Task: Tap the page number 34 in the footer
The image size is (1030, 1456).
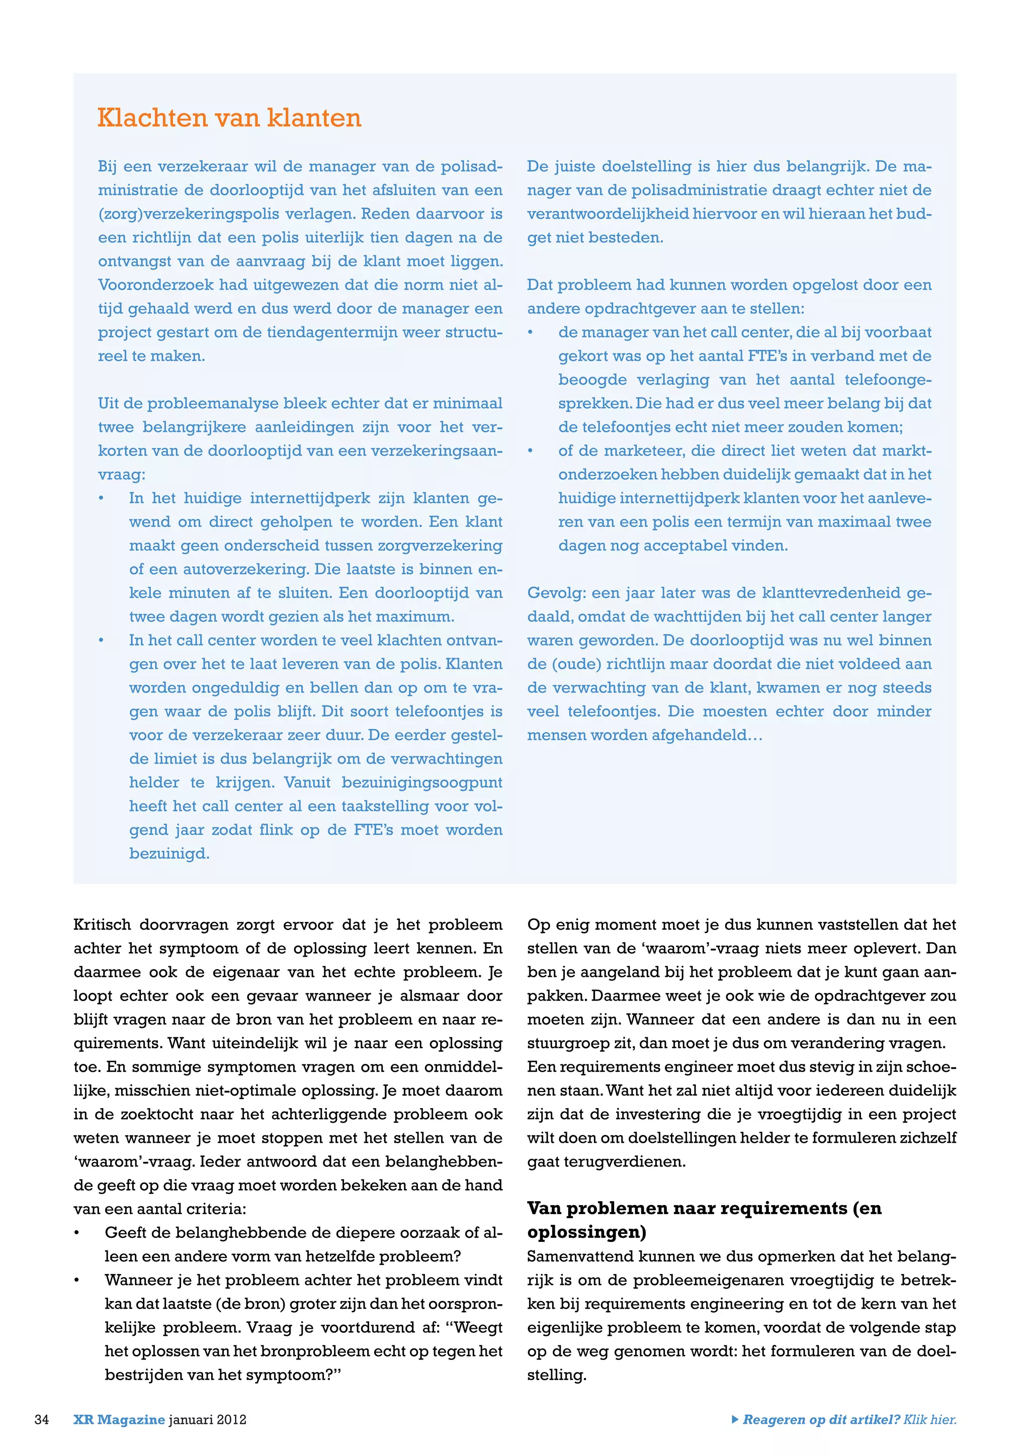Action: pos(42,1419)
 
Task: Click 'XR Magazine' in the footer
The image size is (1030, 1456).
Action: pos(119,1419)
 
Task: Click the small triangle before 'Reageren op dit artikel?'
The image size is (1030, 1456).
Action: pos(734,1419)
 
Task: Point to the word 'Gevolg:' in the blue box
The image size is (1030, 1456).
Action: pos(557,593)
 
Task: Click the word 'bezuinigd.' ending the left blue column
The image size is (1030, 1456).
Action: pos(169,854)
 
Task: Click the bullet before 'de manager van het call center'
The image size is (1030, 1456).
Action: pos(531,333)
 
